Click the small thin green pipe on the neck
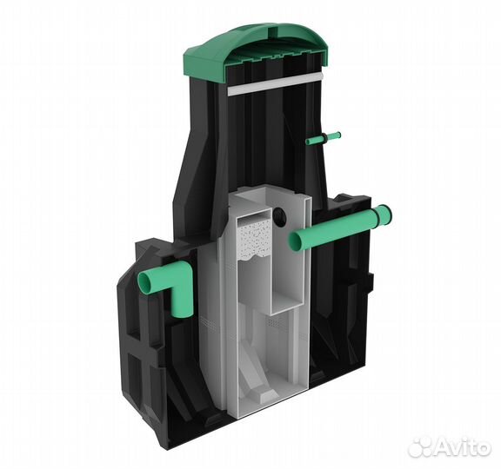323,138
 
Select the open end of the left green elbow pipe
146,281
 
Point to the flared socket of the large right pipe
383,216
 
